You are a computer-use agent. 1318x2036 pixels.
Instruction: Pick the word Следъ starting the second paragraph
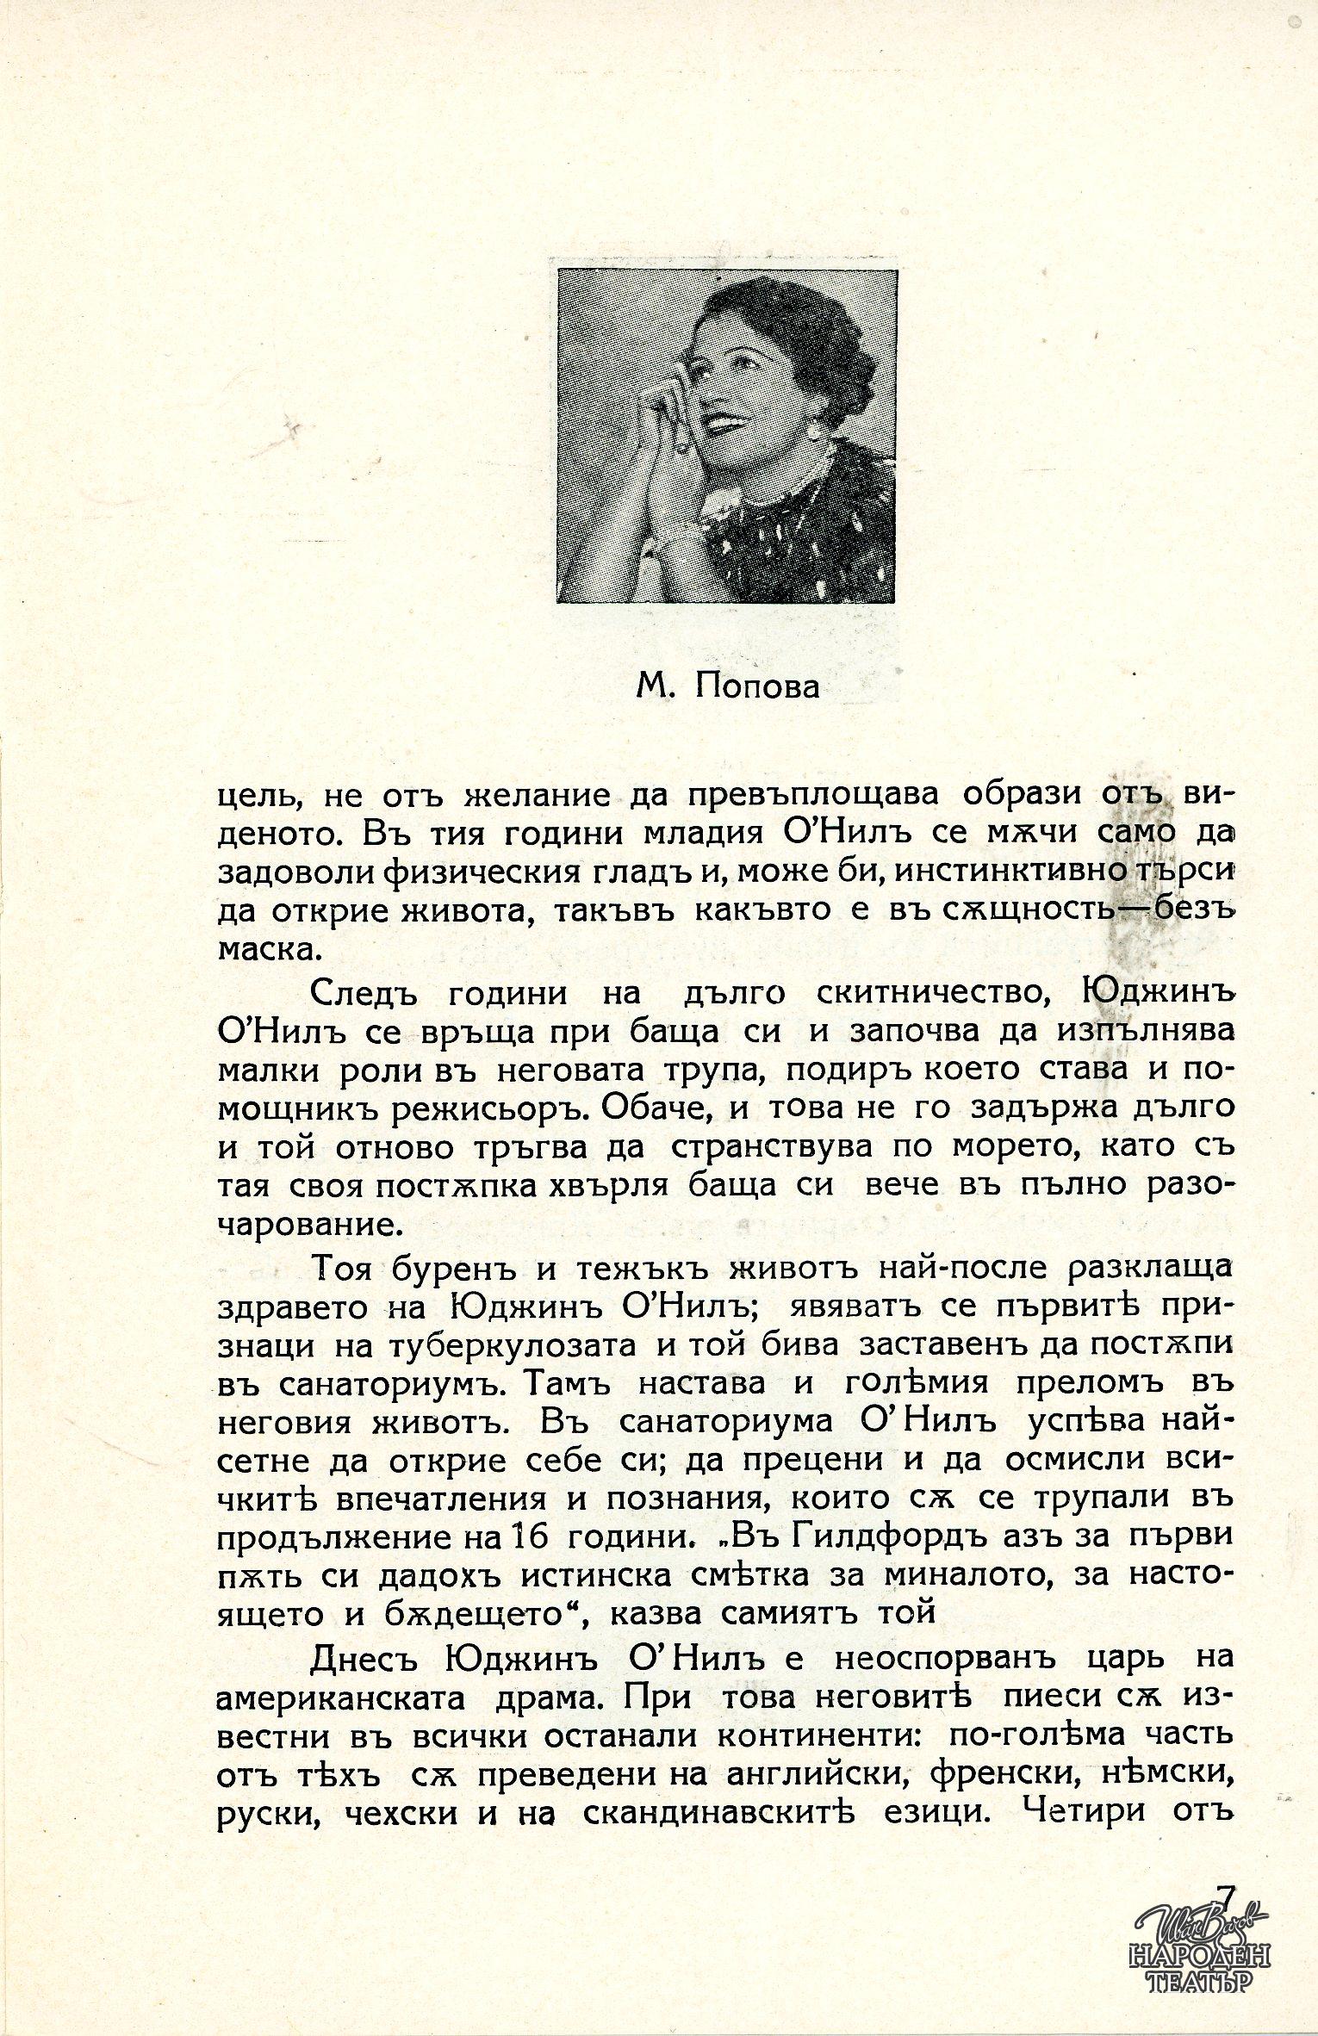(364, 994)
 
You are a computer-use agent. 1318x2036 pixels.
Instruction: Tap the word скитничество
(930, 994)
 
